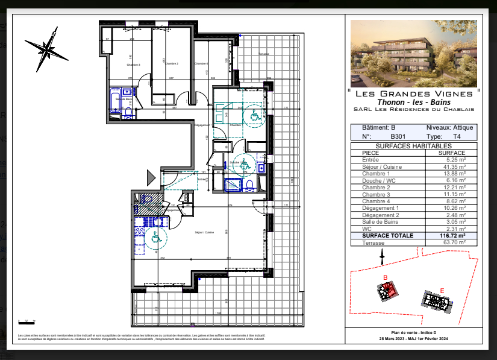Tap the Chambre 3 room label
click(x=133, y=65)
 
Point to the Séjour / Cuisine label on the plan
click(x=204, y=232)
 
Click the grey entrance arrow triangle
click(x=151, y=177)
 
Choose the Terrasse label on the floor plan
click(x=263, y=54)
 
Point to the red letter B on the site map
click(x=384, y=277)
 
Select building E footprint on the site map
click(x=436, y=301)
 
